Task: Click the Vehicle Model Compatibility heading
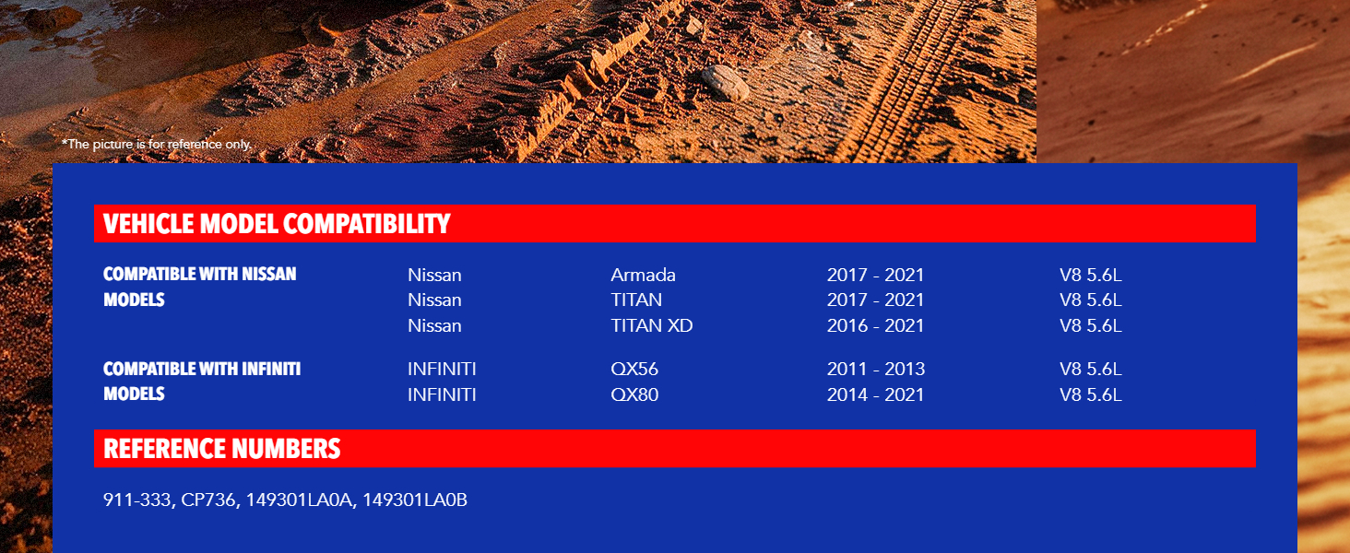coord(277,223)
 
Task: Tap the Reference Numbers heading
coord(222,449)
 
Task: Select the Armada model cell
coord(643,275)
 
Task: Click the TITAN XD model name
coord(652,325)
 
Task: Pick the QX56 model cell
coord(634,369)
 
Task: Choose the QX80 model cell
coord(634,394)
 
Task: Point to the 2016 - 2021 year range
coord(875,325)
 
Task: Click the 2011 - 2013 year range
coord(876,369)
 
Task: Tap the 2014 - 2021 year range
coord(875,394)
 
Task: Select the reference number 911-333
coord(136,500)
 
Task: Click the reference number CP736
coord(207,500)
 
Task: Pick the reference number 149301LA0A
coord(299,500)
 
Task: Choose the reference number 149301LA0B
coord(415,500)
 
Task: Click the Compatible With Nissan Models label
coord(199,287)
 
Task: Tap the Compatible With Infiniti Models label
coord(202,382)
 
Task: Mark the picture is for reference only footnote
coord(157,145)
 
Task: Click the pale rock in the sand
coord(726,83)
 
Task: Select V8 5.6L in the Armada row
coord(1090,275)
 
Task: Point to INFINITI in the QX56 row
coord(442,369)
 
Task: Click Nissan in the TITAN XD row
coord(434,325)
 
